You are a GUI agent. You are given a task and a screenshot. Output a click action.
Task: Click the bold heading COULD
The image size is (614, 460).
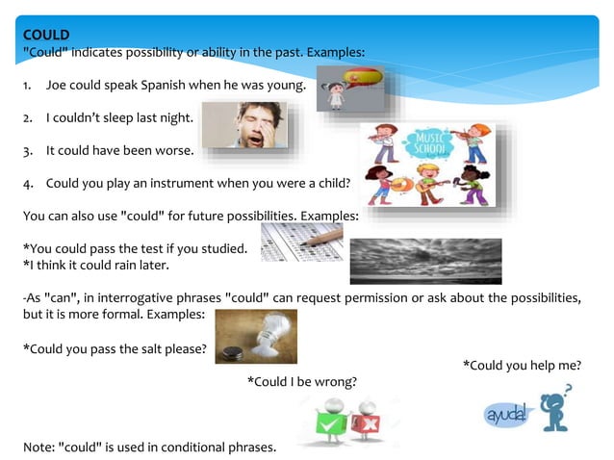(46, 36)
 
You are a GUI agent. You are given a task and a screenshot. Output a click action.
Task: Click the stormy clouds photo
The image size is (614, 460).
(424, 261)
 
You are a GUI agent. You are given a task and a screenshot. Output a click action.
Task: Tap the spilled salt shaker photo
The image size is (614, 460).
(255, 336)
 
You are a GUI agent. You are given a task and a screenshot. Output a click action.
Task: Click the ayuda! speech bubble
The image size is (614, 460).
(506, 415)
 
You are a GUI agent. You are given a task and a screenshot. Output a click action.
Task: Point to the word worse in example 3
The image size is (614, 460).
(175, 151)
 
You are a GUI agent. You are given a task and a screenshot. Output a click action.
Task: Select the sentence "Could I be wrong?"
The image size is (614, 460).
(302, 382)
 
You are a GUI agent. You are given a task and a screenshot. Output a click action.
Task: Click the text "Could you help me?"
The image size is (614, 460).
(522, 366)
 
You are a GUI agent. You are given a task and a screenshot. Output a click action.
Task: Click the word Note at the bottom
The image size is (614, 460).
(38, 447)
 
